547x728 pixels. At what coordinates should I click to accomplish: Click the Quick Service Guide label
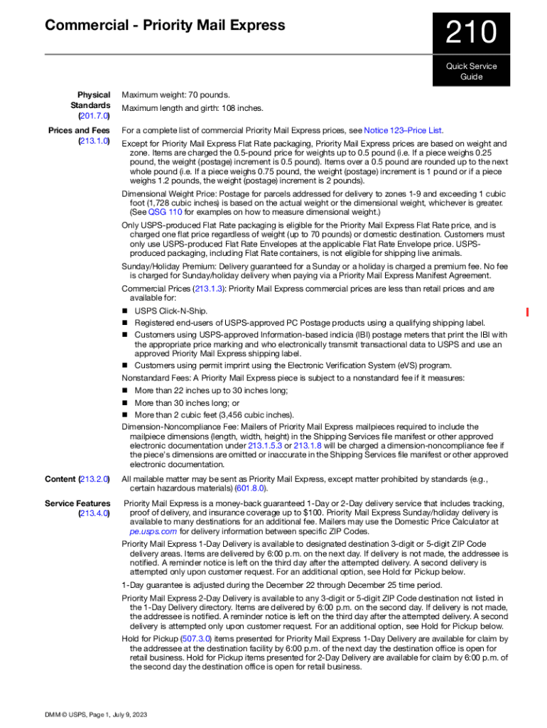tap(471, 71)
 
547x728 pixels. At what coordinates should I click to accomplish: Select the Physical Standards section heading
tap(93, 100)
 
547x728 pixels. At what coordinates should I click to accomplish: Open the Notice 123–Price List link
tap(404, 131)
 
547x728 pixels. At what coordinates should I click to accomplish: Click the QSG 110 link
tap(165, 212)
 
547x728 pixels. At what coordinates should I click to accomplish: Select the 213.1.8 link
tap(308, 446)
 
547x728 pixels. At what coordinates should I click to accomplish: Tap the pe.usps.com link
tap(153, 530)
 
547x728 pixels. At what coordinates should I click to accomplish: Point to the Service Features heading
tap(77, 503)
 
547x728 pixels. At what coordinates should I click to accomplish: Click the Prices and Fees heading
tap(79, 131)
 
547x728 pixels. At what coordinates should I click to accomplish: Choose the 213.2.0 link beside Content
tap(94, 479)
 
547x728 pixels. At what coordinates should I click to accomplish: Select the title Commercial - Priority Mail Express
tap(165, 26)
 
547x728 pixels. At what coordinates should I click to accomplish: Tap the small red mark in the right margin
tap(527, 311)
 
